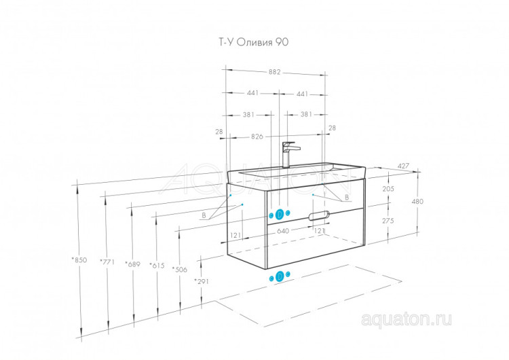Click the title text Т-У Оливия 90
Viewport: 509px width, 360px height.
(253, 42)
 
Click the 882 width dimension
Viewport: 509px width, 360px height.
(274, 72)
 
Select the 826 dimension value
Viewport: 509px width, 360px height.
(257, 137)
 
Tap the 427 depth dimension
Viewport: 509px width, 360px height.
(404, 166)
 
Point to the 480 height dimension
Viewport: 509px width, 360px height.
(417, 202)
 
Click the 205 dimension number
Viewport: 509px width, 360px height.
(388, 188)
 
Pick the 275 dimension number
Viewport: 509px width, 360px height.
(388, 221)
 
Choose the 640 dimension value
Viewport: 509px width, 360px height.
(283, 231)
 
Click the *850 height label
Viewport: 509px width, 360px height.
(79, 260)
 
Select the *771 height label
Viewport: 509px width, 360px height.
(107, 262)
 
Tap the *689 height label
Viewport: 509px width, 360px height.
(132, 264)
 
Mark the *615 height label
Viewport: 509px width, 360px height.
(157, 266)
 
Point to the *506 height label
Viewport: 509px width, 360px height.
(180, 270)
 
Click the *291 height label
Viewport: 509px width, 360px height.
(202, 281)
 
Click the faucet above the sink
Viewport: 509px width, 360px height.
(290, 155)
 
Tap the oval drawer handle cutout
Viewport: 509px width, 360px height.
(319, 216)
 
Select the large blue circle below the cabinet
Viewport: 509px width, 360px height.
(280, 276)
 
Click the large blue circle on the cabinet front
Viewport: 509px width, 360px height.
(280, 215)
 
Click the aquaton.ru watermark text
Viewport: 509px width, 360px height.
(406, 319)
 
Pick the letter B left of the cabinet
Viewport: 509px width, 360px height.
(204, 215)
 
